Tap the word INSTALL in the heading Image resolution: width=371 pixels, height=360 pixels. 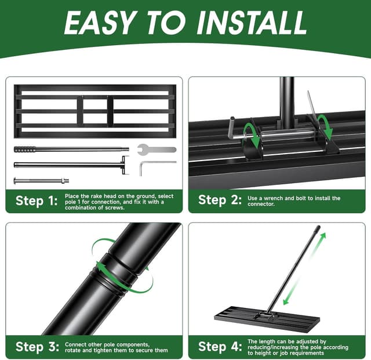pyautogui.click(x=252, y=23)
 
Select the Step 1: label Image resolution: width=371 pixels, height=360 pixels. pyautogui.click(x=37, y=201)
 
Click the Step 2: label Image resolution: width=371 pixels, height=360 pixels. pyautogui.click(x=220, y=201)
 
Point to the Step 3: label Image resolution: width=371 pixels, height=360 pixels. pyautogui.click(x=37, y=347)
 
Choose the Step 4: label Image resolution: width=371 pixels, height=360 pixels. pyautogui.click(x=220, y=347)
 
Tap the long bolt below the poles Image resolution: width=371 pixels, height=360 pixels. pyautogui.click(x=41, y=180)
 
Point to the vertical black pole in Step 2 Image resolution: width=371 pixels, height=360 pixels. pyautogui.click(x=286, y=101)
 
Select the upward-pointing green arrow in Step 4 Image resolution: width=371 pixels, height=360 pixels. pyautogui.click(x=321, y=244)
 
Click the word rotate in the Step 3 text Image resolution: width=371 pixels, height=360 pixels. pyautogui.click(x=74, y=350)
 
